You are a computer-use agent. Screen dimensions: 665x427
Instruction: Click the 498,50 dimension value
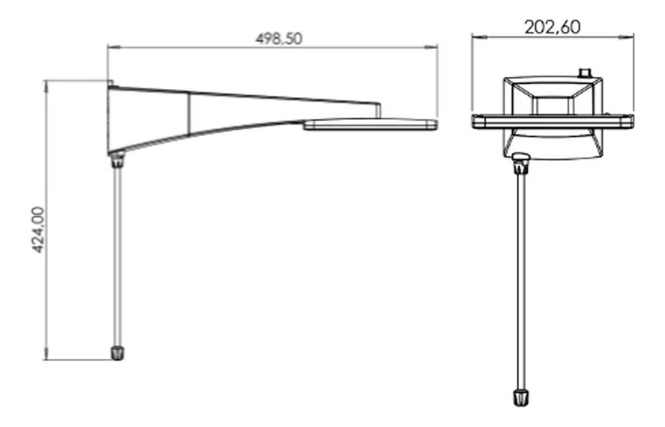point(279,39)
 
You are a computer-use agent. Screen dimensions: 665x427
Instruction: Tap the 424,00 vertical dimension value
point(38,230)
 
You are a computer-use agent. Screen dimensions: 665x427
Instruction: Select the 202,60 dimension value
point(552,28)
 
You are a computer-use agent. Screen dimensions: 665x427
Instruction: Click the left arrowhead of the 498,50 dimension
point(113,47)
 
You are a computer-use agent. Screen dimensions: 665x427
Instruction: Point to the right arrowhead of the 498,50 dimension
point(432,47)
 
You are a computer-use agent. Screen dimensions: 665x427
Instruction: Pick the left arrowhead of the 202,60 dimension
point(478,37)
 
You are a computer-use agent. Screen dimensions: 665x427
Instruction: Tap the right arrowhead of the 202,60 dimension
point(628,37)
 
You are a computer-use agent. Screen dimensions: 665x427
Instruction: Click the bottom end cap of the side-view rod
point(118,353)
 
